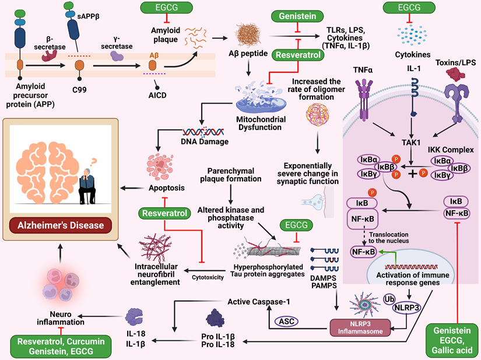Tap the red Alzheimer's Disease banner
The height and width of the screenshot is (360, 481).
[x=60, y=225]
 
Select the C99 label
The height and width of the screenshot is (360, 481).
[x=80, y=89]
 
